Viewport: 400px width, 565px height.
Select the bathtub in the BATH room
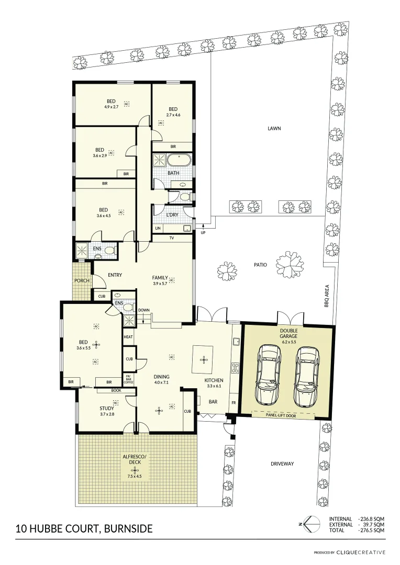[x=178, y=160]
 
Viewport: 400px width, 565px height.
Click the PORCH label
[x=82, y=281]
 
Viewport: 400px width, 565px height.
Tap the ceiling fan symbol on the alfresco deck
[x=135, y=470]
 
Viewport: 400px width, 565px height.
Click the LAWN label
[x=274, y=128]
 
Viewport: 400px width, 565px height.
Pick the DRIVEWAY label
[x=282, y=464]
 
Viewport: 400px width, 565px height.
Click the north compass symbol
[x=308, y=524]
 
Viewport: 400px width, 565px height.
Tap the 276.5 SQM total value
[x=372, y=530]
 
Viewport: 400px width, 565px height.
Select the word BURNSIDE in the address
[x=128, y=529]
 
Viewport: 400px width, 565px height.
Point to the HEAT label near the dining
[x=128, y=337]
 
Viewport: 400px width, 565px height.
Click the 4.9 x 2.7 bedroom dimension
[x=112, y=107]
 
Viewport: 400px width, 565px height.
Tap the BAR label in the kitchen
[x=213, y=402]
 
